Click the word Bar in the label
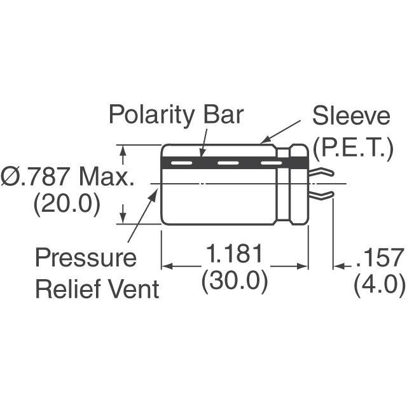(223, 116)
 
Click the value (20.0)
(67, 205)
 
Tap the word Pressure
(85, 258)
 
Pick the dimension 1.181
(234, 256)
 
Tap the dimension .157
(380, 258)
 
